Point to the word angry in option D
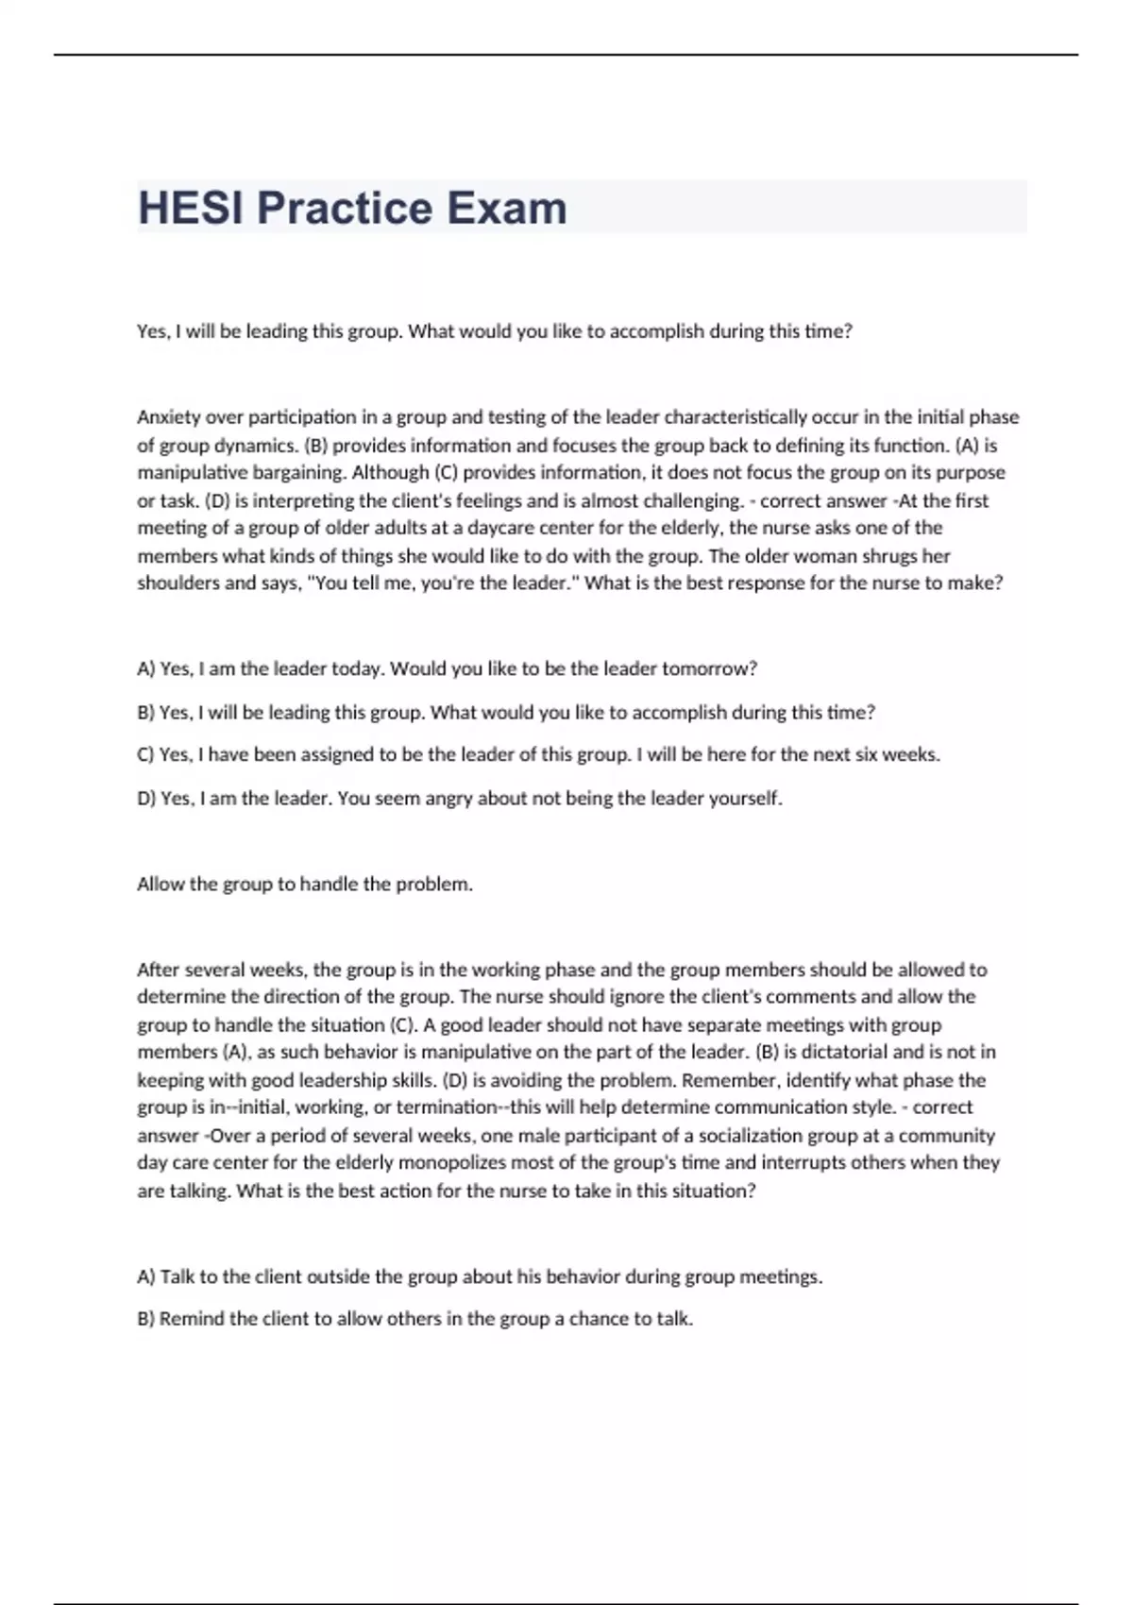[x=448, y=799]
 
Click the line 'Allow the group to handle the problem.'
[x=305, y=885]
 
